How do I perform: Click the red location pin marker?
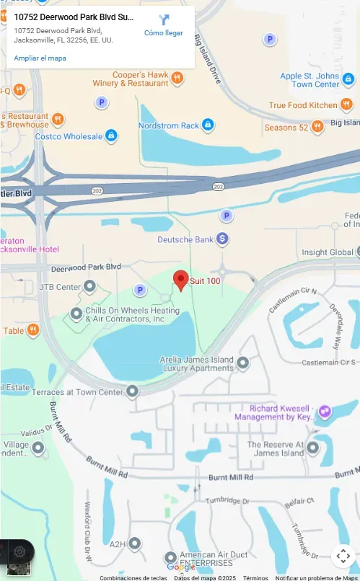tap(180, 280)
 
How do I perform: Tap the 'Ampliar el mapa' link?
tap(40, 58)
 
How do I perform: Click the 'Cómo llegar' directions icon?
tap(164, 20)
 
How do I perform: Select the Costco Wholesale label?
tap(69, 136)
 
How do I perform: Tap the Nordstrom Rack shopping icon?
tap(208, 125)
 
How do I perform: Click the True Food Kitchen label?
tap(303, 105)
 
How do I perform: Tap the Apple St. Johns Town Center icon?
tap(348, 79)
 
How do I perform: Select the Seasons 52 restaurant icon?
tap(317, 128)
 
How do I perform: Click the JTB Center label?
tap(60, 287)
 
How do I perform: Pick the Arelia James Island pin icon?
tap(243, 362)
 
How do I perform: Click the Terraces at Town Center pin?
tap(132, 391)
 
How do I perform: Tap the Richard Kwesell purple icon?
tap(325, 412)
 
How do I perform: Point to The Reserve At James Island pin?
tap(312, 448)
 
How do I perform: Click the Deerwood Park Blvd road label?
tap(86, 267)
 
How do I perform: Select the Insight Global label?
tap(327, 252)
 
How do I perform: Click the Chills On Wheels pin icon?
tap(76, 314)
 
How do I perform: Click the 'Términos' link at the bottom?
tap(255, 577)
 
